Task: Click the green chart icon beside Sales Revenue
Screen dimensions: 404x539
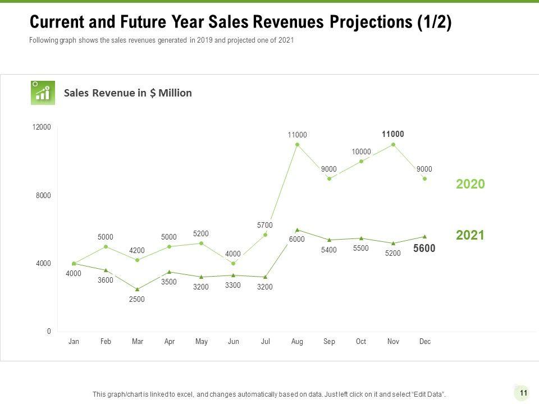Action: [x=43, y=93]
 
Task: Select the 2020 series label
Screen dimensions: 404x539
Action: [x=470, y=184]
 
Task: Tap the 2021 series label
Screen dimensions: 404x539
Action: [x=470, y=235]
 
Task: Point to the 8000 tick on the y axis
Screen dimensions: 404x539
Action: [x=43, y=196]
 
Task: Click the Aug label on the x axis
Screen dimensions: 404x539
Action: [x=297, y=342]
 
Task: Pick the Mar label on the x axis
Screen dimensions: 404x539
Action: [x=137, y=342]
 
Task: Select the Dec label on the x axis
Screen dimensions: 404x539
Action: [x=425, y=342]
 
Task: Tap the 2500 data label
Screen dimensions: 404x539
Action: [x=137, y=299]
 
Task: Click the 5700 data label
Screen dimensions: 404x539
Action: [x=265, y=225]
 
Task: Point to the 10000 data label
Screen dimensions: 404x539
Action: [x=362, y=152]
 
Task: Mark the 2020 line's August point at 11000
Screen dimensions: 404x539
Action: [x=297, y=145]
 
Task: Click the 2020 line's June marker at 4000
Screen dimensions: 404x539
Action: [x=233, y=263]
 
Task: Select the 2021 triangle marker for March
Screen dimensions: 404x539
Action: [x=137, y=289]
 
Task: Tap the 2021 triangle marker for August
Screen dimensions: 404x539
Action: [x=297, y=229]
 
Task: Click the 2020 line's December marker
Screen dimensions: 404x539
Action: [x=425, y=178]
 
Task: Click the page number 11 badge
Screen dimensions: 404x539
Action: [x=523, y=393]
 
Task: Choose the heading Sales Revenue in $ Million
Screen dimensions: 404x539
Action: [x=128, y=93]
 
